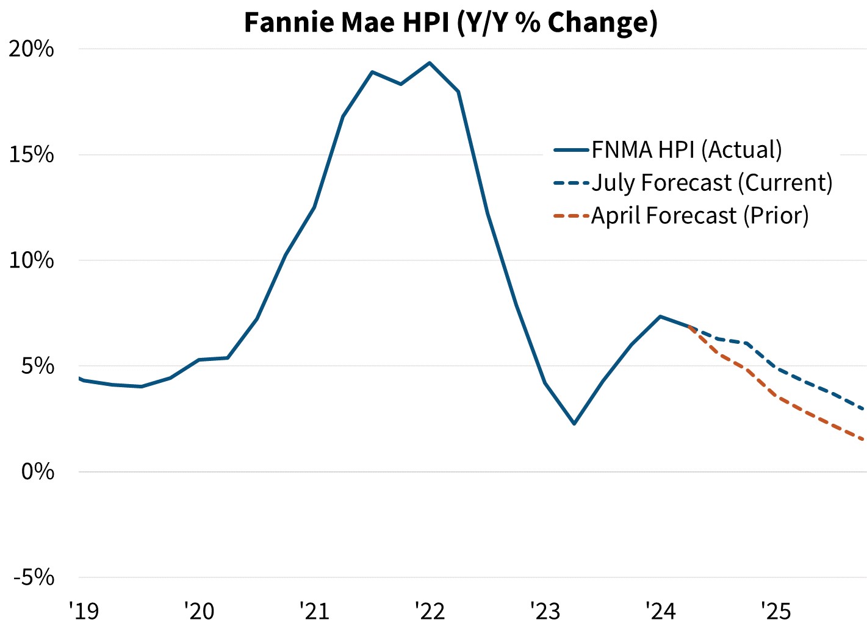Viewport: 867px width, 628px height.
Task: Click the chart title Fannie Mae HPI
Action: click(x=450, y=22)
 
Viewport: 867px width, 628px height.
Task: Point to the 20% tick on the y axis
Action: click(x=32, y=49)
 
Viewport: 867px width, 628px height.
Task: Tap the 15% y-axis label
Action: click(x=32, y=155)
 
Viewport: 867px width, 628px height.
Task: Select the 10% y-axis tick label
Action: click(x=32, y=260)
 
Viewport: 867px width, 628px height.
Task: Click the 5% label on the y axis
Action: click(x=38, y=366)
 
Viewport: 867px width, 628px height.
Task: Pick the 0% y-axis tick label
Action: click(x=38, y=472)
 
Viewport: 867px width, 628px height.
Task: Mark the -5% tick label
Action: click(x=34, y=577)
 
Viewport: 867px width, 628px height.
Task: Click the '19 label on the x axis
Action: click(x=84, y=610)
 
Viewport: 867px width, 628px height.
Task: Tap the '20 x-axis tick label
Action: click(x=199, y=610)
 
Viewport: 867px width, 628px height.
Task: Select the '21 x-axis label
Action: click(x=314, y=610)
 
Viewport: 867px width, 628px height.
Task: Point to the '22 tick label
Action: click(x=430, y=610)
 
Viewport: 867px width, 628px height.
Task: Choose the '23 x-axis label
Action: click(x=545, y=610)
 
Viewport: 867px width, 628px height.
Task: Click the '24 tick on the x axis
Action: click(x=660, y=610)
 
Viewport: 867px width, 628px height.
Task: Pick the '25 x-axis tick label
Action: click(x=775, y=610)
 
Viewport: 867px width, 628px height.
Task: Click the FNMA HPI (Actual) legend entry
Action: click(x=686, y=150)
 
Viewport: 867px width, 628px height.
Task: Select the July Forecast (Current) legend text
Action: click(x=712, y=183)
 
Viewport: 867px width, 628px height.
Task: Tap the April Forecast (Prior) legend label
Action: click(x=700, y=216)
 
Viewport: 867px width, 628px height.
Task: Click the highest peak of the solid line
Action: click(x=430, y=63)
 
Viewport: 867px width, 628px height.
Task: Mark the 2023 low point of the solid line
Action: click(x=574, y=423)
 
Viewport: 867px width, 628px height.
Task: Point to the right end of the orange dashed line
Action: click(x=863, y=440)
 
